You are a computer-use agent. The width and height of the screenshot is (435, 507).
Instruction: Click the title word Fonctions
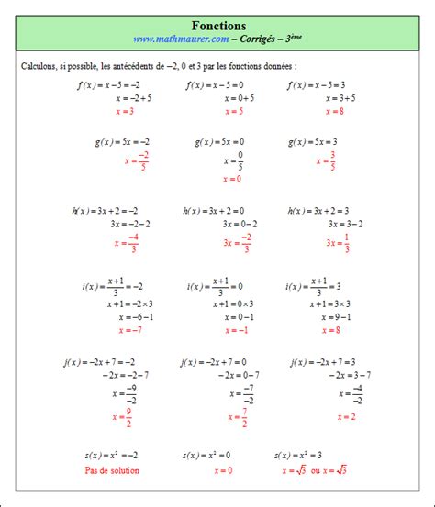coord(218,26)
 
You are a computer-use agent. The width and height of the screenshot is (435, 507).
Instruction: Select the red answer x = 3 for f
coord(125,111)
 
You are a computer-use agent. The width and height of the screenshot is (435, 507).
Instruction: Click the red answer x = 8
coord(331,111)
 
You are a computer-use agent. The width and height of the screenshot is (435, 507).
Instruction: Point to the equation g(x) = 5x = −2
coord(122,142)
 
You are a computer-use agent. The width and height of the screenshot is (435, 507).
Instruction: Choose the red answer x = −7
coord(129,329)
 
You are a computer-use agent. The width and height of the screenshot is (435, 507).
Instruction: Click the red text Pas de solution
coord(116,470)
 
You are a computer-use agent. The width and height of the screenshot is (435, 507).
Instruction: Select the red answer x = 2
coord(345,416)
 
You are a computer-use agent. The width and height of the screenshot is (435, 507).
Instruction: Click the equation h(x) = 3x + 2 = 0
coord(219,210)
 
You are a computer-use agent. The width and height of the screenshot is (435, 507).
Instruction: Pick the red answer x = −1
coord(236,329)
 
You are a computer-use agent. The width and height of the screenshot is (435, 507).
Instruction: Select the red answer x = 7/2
coord(237,418)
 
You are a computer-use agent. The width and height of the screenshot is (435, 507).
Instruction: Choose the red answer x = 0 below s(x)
coord(223,470)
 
